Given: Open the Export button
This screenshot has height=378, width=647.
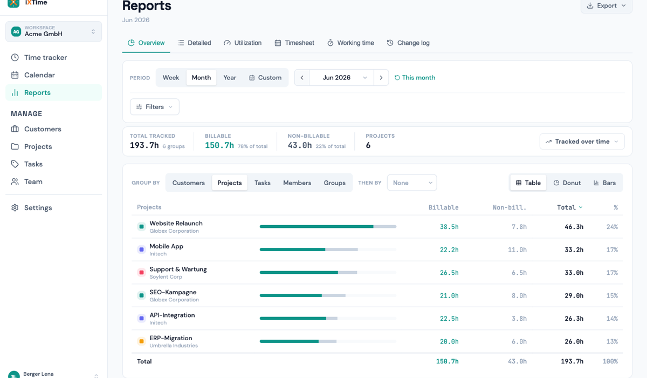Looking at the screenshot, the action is point(606,6).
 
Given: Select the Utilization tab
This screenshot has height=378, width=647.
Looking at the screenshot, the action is point(242,43).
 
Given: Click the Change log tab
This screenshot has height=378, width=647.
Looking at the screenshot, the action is point(408,43).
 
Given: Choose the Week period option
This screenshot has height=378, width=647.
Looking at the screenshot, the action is point(171,78).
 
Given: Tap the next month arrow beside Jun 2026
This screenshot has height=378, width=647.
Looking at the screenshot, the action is point(381,78).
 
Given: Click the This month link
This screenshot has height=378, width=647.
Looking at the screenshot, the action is point(415,78).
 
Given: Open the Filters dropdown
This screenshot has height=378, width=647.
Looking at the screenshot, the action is point(155,107).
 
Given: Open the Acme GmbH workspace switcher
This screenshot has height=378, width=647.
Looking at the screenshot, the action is point(54,31).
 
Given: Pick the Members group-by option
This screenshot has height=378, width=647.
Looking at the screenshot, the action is point(297,183).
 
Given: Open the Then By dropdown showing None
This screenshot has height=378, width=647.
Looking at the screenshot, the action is point(412,183).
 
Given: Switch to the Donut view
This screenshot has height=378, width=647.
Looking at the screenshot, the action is point(567,183).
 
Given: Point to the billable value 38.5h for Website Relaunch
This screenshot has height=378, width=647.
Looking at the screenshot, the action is point(449,227).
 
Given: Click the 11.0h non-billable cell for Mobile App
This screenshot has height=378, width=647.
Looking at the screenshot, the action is point(517,249).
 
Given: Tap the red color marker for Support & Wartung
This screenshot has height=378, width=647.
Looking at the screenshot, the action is point(141,273).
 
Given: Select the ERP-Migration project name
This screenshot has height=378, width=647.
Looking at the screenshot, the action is point(171,338).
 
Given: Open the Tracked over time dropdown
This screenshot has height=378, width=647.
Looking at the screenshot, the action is point(582,141).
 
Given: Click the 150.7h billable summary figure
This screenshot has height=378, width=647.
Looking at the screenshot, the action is point(219,145).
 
